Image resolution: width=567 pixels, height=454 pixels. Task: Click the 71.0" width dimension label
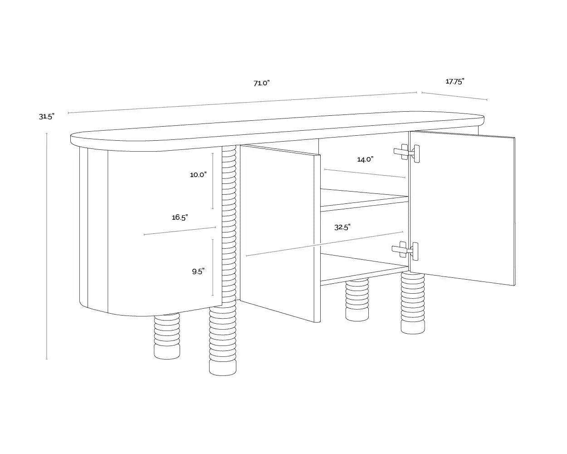click(x=261, y=83)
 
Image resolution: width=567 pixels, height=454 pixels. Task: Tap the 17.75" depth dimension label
click(x=455, y=82)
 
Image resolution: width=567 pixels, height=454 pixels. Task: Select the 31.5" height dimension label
click(x=46, y=117)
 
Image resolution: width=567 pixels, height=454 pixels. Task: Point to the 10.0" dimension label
click(x=198, y=174)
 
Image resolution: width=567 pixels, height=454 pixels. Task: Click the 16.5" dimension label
click(x=180, y=217)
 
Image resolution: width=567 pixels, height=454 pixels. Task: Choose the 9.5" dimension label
click(x=198, y=271)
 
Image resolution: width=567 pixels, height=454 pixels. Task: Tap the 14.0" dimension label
click(x=365, y=159)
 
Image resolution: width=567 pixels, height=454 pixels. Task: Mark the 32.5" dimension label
click(x=342, y=227)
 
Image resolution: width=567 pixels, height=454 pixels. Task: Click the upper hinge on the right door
click(x=407, y=153)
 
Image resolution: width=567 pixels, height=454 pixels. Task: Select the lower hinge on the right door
click(x=406, y=250)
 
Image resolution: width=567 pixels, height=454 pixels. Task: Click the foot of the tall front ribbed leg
click(x=223, y=367)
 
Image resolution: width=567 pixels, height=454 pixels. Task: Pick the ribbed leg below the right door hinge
click(x=413, y=302)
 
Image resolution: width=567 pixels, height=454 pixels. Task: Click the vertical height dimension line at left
click(x=47, y=245)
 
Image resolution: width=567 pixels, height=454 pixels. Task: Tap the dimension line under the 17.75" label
click(x=454, y=96)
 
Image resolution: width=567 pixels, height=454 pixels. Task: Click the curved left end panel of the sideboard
click(x=150, y=232)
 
